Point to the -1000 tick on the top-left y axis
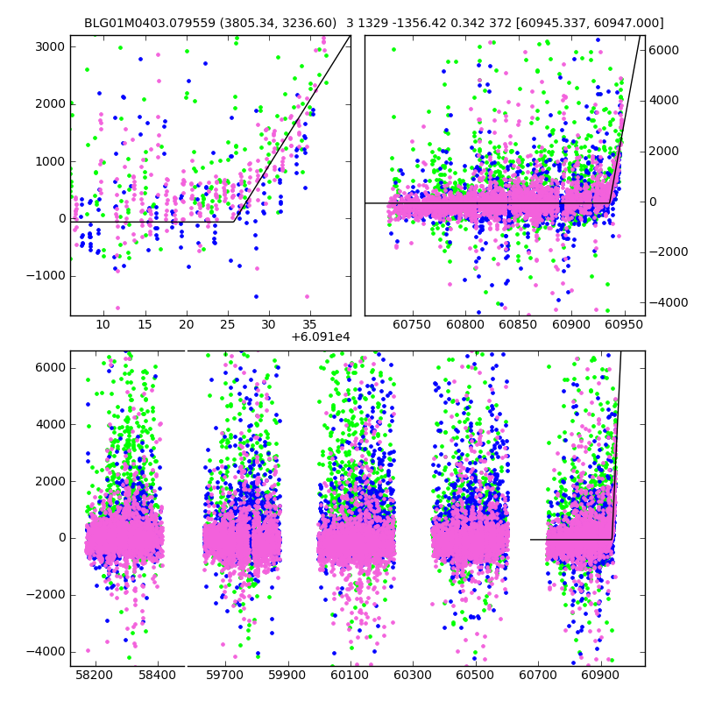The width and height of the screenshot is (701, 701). (x=46, y=276)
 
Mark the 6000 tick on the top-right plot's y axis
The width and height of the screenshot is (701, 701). (x=664, y=50)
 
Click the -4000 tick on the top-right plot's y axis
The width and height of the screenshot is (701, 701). (x=667, y=302)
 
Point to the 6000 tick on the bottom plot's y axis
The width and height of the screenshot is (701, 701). (x=49, y=367)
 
